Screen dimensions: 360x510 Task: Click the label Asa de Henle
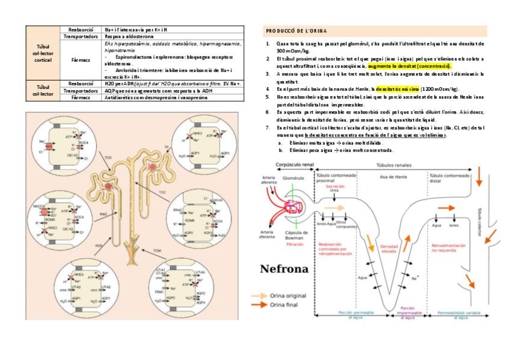point(391,177)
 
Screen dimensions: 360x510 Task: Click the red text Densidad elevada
point(390,249)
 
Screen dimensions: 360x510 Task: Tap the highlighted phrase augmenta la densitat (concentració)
point(409,66)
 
